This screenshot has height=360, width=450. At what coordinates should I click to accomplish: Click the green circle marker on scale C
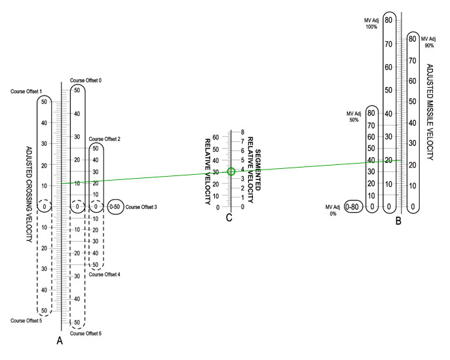[x=231, y=171]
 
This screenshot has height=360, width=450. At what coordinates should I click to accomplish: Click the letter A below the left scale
[x=60, y=340]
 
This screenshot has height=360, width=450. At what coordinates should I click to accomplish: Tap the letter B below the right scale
[x=398, y=221]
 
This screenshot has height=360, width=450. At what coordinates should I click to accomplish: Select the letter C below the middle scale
[x=229, y=218]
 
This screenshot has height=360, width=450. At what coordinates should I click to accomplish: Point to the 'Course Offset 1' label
[x=26, y=92]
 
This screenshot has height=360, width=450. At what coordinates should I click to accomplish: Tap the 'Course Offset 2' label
[x=105, y=139]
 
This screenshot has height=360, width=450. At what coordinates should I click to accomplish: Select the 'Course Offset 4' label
[x=103, y=275]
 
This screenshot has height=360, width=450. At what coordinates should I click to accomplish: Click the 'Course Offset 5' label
[x=26, y=321]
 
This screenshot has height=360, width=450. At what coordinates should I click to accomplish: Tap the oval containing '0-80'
[x=353, y=207]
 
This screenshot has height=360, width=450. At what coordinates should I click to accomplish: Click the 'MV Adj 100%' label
[x=371, y=24]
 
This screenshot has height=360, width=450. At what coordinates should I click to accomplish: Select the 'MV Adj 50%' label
[x=354, y=117]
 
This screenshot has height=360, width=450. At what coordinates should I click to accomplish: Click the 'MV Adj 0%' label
[x=334, y=210]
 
